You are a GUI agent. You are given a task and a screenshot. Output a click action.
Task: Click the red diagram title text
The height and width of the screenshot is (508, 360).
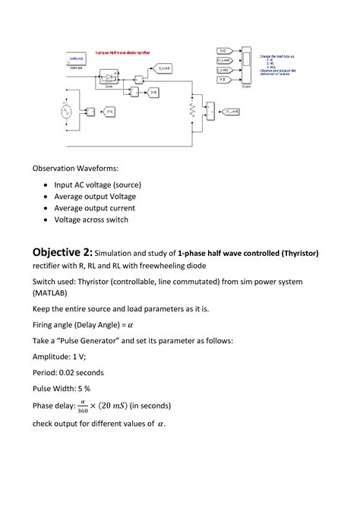pyautogui.click(x=123, y=52)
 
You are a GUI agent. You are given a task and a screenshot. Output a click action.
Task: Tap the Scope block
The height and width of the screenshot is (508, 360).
pyautogui.click(x=246, y=67)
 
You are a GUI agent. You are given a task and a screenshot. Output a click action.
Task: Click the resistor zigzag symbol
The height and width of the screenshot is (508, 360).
pyautogui.click(x=191, y=112)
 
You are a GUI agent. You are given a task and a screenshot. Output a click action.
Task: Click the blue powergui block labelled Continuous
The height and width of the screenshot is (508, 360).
pyautogui.click(x=76, y=58)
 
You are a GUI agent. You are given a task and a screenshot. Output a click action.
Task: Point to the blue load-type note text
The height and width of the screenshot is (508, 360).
pyautogui.click(x=280, y=64)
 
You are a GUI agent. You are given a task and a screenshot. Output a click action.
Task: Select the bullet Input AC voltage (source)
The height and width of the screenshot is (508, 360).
pyautogui.click(x=97, y=185)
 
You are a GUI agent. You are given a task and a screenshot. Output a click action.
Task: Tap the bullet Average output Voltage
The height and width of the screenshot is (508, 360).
pyautogui.click(x=94, y=196)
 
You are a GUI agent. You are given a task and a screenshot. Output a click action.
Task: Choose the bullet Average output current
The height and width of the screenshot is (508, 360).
pyautogui.click(x=94, y=208)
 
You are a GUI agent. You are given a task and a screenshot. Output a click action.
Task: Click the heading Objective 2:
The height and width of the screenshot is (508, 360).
pyautogui.click(x=62, y=252)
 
